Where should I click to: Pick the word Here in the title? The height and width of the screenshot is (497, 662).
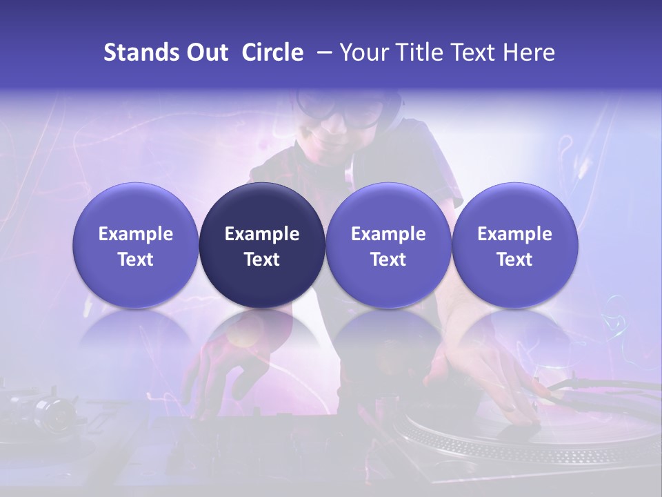(x=529, y=52)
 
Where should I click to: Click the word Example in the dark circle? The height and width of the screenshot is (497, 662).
(x=262, y=234)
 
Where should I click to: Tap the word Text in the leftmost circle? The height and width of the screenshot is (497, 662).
(x=136, y=260)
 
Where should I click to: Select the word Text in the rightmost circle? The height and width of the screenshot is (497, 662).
(x=515, y=260)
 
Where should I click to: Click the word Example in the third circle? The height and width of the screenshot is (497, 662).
(x=388, y=234)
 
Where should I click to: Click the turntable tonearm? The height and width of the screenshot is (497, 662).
(x=600, y=387)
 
